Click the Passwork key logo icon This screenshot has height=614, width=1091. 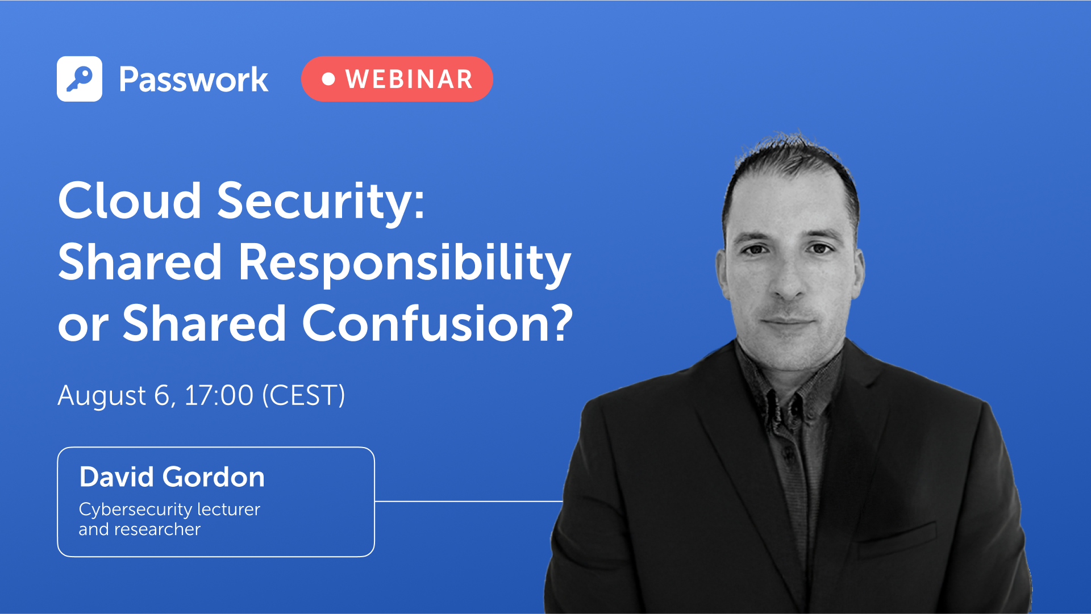[x=80, y=79]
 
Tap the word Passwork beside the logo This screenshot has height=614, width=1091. [x=193, y=80]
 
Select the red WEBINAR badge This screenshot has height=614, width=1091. [x=397, y=79]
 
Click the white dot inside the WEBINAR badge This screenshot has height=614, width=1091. [x=328, y=79]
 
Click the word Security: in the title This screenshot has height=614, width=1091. [x=320, y=202]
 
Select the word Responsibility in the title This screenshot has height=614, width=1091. [x=404, y=262]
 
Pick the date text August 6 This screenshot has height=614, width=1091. [x=114, y=395]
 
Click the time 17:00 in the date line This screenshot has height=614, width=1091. [x=219, y=395]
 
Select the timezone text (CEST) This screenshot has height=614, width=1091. [x=303, y=395]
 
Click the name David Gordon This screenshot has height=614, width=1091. [x=172, y=477]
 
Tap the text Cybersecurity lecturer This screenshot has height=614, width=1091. [x=169, y=509]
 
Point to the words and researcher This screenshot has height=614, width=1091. [x=139, y=529]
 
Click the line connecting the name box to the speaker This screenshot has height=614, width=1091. [x=468, y=502]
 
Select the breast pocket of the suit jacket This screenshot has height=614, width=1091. [x=898, y=537]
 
